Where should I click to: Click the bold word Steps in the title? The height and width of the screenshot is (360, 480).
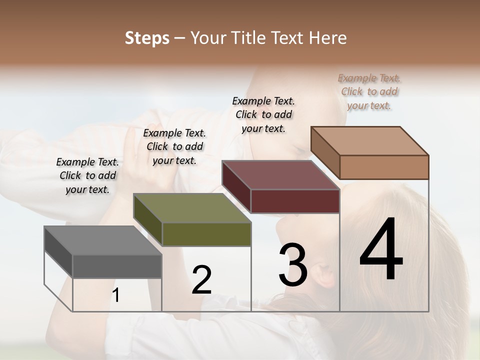pos(147,38)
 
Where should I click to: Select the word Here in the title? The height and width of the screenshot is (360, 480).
pos(328,38)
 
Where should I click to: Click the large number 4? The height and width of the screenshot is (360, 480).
pos(381,250)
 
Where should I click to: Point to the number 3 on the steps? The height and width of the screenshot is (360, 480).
pos(292,265)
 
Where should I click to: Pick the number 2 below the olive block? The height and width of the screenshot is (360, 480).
pos(201,280)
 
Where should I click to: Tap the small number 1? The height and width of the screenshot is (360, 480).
pos(116,295)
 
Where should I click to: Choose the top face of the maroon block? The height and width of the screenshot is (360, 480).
pos(280,175)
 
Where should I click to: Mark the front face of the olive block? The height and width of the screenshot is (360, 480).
pos(206,234)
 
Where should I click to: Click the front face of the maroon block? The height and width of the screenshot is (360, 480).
pos(295,201)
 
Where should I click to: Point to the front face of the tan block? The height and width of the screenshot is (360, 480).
pos(384,167)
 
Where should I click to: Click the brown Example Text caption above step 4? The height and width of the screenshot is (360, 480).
pos(369,91)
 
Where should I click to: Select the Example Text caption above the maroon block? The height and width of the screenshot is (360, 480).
pos(263,114)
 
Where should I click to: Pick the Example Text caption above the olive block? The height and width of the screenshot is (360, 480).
pos(174,146)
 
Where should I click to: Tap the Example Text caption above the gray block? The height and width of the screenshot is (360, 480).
pos(87,175)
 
